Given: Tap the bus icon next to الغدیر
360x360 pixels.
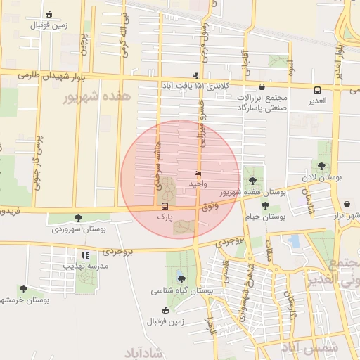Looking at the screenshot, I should pos(317,89).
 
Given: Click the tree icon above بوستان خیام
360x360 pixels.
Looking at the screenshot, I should pos(265,205).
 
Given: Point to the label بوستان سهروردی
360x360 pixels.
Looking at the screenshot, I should pos(78,229).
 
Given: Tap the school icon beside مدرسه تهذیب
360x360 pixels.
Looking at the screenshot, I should pos(84,255).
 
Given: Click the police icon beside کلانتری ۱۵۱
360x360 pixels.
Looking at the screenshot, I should pos(195,75).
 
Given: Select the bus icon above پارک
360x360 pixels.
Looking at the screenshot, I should pos(165,206).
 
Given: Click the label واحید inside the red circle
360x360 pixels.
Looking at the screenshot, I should pos(197,183).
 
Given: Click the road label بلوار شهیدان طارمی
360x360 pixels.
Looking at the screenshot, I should pos(37,74).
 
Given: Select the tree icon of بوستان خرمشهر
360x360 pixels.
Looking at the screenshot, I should pos(23,288).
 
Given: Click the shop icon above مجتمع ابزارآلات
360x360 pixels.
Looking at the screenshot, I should pos(262,86).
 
